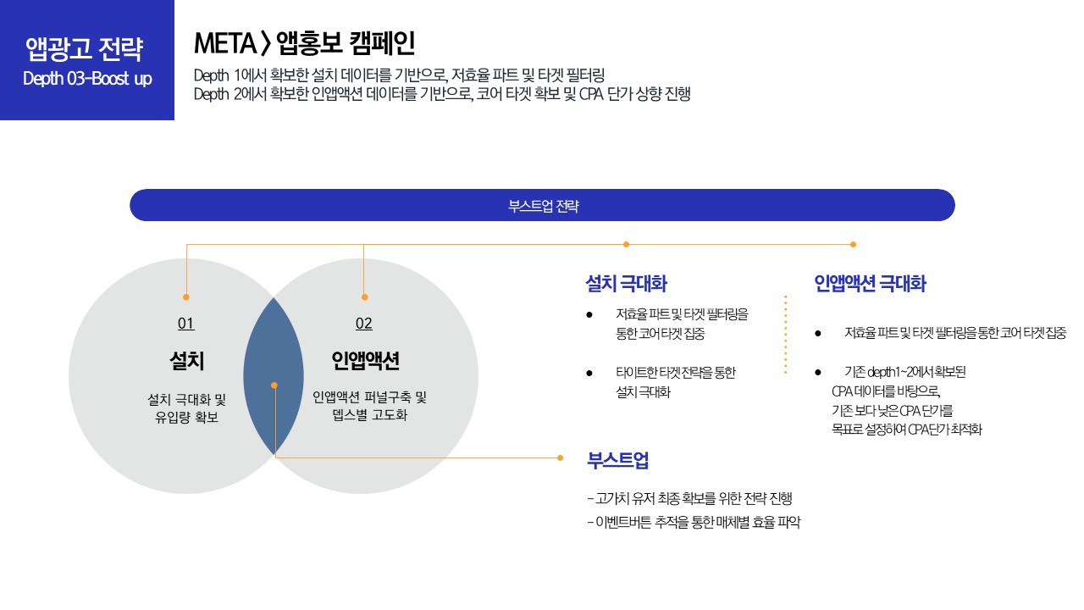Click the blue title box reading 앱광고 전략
pos(85,49)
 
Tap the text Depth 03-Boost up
pos(87,79)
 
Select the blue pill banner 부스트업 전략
pos(542,205)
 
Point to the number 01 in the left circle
pos(185,324)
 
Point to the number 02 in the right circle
pos(363,324)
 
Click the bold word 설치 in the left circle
pos(186,362)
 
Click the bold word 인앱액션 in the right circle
pos(365,362)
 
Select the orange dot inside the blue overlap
pos(274,385)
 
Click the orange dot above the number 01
pos(186,297)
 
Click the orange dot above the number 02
pos(364,297)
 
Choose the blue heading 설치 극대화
pos(627,284)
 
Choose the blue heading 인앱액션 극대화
pos(870,284)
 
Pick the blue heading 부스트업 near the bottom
pos(618,460)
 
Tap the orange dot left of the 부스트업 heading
pos(560,457)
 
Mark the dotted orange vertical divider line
pos(786,335)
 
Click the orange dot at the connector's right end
pos(853,244)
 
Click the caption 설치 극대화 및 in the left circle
pos(186,398)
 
